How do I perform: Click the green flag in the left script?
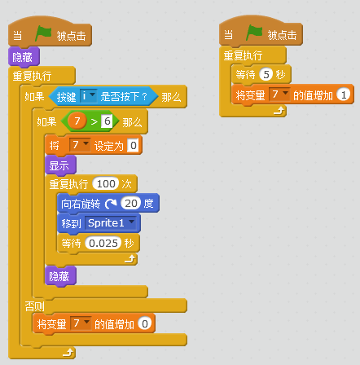[43, 33]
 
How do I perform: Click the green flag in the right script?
[254, 33]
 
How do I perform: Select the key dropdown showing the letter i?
[89, 96]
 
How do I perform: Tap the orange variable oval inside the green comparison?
[77, 121]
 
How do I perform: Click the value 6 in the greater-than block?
[107, 121]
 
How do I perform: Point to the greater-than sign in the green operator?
[94, 121]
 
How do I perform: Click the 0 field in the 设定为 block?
[133, 146]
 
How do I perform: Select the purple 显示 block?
[60, 165]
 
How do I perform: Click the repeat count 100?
[106, 184]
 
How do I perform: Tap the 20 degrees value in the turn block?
[131, 203]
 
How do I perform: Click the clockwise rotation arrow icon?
[111, 204]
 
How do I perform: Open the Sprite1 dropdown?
[111, 223]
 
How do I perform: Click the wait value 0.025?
[103, 243]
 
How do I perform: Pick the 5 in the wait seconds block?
[266, 74]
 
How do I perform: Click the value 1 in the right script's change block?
[344, 95]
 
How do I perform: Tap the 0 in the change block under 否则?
[145, 323]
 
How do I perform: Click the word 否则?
[34, 306]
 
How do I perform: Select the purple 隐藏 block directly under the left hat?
[24, 57]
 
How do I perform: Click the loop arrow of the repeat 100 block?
[130, 259]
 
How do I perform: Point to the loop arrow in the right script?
[279, 111]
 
